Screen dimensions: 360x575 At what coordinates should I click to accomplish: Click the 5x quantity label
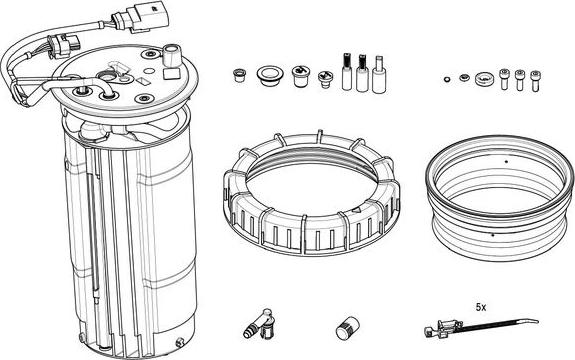[x=483, y=307]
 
